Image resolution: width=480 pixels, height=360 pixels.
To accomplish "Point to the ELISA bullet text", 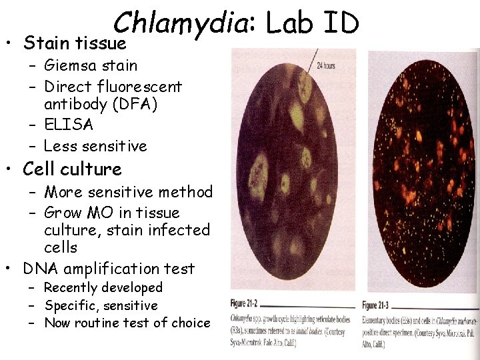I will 68,125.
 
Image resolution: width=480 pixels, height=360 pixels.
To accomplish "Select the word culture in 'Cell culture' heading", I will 90,169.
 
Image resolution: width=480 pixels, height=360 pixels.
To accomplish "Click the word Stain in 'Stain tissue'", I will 42,43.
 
